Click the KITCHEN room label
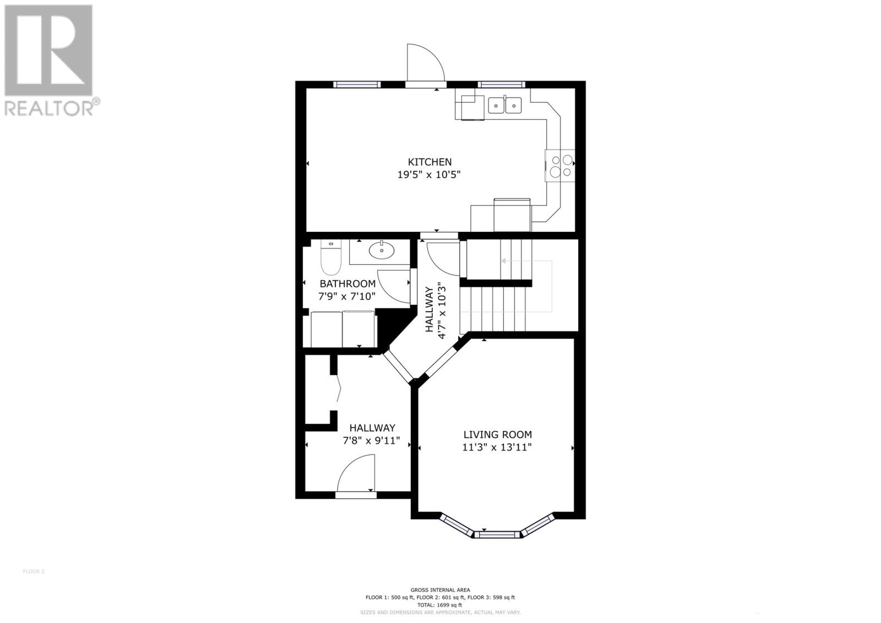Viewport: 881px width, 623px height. tap(429, 162)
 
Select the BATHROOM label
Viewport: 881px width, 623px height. tap(347, 284)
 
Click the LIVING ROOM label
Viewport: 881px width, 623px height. tap(497, 435)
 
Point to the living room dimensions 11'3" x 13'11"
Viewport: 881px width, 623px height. tap(497, 447)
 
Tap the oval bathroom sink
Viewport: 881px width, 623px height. tap(381, 251)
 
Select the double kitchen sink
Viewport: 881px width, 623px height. tap(505, 105)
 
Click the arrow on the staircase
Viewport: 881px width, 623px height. tap(504, 261)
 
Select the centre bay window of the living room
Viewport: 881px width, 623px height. tap(497, 533)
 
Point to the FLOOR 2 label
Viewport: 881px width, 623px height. tap(34, 571)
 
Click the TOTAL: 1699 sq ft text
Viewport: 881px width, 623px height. tap(440, 605)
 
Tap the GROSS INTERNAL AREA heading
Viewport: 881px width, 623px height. tap(440, 590)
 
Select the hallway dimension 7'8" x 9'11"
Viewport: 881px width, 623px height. tap(372, 442)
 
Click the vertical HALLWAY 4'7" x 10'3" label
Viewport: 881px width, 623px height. tap(434, 310)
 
